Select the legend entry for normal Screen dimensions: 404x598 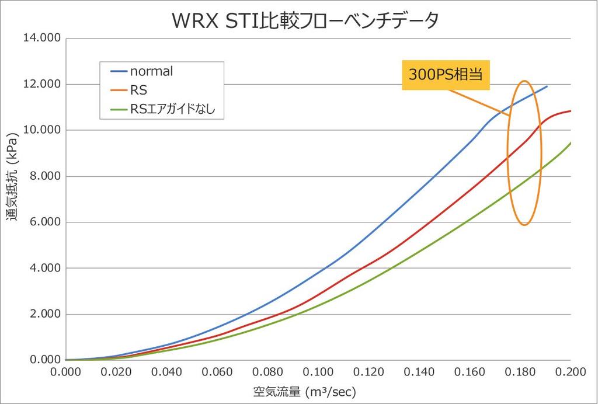click(x=151, y=72)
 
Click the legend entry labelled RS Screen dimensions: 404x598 click(x=139, y=90)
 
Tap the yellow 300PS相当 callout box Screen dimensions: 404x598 click(x=446, y=76)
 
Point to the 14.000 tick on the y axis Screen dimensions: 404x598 click(x=41, y=39)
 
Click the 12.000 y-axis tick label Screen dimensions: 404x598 click(x=41, y=84)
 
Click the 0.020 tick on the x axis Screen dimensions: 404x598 click(x=116, y=372)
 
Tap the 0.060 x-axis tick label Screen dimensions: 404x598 click(x=217, y=372)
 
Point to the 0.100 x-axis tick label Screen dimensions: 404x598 click(x=318, y=372)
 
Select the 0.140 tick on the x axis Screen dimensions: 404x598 click(x=419, y=372)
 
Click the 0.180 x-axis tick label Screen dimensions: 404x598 click(x=520, y=372)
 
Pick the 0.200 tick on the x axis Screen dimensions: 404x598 click(x=571, y=372)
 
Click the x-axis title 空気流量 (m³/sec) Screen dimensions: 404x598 click(x=304, y=391)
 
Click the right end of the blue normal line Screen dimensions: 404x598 click(x=547, y=86)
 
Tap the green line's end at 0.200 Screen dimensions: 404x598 click(x=571, y=142)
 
